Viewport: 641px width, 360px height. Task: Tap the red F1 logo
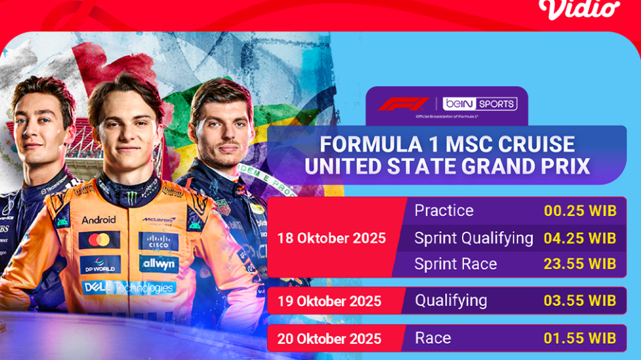[403, 104]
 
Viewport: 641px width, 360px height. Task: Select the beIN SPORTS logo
[481, 104]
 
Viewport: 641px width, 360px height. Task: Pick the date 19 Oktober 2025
[329, 301]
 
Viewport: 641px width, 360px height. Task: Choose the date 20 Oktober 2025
[329, 339]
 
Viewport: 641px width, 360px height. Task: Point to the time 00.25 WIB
[580, 211]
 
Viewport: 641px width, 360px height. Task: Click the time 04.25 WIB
[580, 238]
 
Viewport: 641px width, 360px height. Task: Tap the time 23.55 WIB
[580, 264]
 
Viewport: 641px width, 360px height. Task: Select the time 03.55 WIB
[580, 301]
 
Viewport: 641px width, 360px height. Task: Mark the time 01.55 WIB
[580, 338]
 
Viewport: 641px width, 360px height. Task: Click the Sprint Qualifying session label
[473, 238]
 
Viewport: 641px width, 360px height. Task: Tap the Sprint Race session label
[455, 264]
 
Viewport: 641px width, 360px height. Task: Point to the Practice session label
[444, 211]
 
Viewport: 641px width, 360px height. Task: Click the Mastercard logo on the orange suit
[99, 240]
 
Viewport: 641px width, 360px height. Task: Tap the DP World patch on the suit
[100, 264]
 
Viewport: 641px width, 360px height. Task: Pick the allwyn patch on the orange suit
[159, 264]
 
